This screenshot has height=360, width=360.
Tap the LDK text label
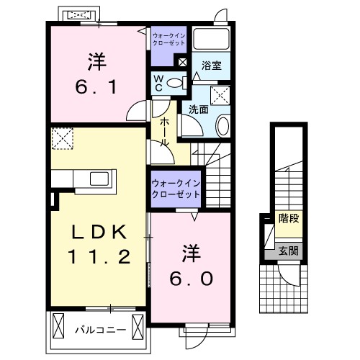coord(99,232)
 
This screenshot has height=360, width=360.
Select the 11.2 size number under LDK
coord(99,256)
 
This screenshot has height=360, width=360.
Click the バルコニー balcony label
coord(101,330)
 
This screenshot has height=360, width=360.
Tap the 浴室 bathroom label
coord(211,66)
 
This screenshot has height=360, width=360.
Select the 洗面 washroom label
coord(199,109)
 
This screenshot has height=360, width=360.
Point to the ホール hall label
coord(165,132)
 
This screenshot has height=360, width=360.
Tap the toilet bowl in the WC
coord(174,84)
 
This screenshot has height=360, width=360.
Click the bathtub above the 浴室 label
coord(212,39)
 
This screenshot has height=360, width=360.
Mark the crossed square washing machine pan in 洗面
coord(220,94)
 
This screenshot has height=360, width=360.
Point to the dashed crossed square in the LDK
coord(63,139)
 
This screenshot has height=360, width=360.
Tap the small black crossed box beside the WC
coord(181,63)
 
